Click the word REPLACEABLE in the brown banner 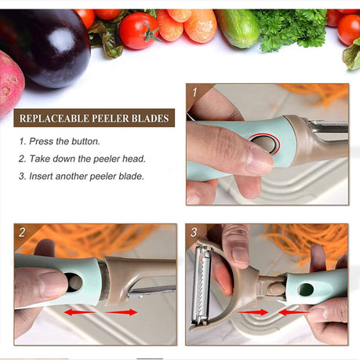coord(54,118)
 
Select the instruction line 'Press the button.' coord(60,141)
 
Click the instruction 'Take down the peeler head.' coord(82,158)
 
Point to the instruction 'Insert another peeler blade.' coord(82,176)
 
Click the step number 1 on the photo coord(195,93)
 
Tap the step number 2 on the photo coord(22,232)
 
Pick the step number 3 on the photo coord(194,232)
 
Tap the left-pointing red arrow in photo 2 coord(80,312)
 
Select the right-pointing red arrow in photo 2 coord(121,312)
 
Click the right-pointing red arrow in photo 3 coord(253,312)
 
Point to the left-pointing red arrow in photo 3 coord(293,312)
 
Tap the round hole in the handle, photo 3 coord(306,289)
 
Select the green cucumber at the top coord(238,27)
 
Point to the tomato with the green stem coord(139,31)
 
